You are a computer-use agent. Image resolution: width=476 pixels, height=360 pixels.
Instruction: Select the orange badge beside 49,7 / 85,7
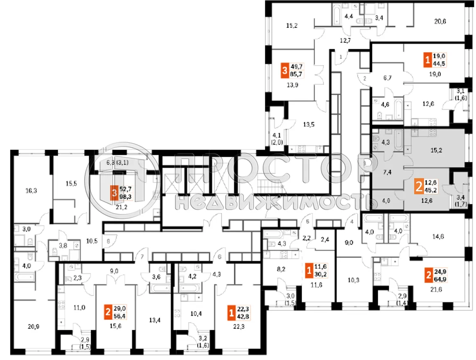(284, 72)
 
